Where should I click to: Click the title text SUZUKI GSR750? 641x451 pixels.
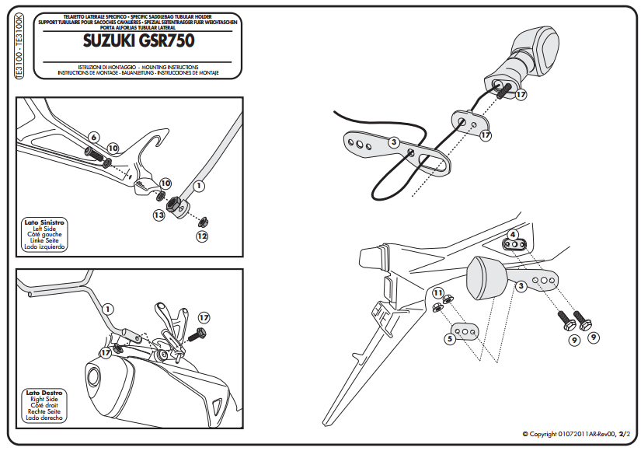tap(138, 40)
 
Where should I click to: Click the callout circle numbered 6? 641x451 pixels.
tap(93, 137)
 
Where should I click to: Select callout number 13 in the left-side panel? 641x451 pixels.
tap(159, 214)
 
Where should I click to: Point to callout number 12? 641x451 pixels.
tap(202, 235)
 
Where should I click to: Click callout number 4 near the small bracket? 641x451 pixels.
tap(513, 234)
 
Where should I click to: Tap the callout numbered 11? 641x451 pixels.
tap(437, 293)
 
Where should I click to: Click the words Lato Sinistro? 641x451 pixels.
tap(44, 222)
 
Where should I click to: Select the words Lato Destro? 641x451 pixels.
tap(44, 393)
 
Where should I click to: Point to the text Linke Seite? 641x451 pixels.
tap(44, 241)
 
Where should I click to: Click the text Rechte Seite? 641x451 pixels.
tap(44, 411)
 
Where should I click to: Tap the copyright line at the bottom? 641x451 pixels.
tap(575, 434)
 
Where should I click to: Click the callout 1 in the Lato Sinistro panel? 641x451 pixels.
tap(199, 186)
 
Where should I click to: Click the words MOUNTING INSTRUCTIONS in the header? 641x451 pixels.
tap(171, 67)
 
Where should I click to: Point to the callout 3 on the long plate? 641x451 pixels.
tap(394, 142)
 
